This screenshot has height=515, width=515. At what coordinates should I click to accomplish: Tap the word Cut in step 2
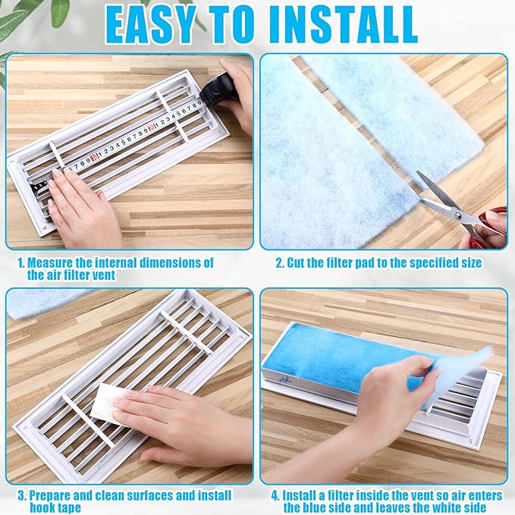pos(296,263)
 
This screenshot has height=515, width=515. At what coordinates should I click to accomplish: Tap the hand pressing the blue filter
pos(394,402)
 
